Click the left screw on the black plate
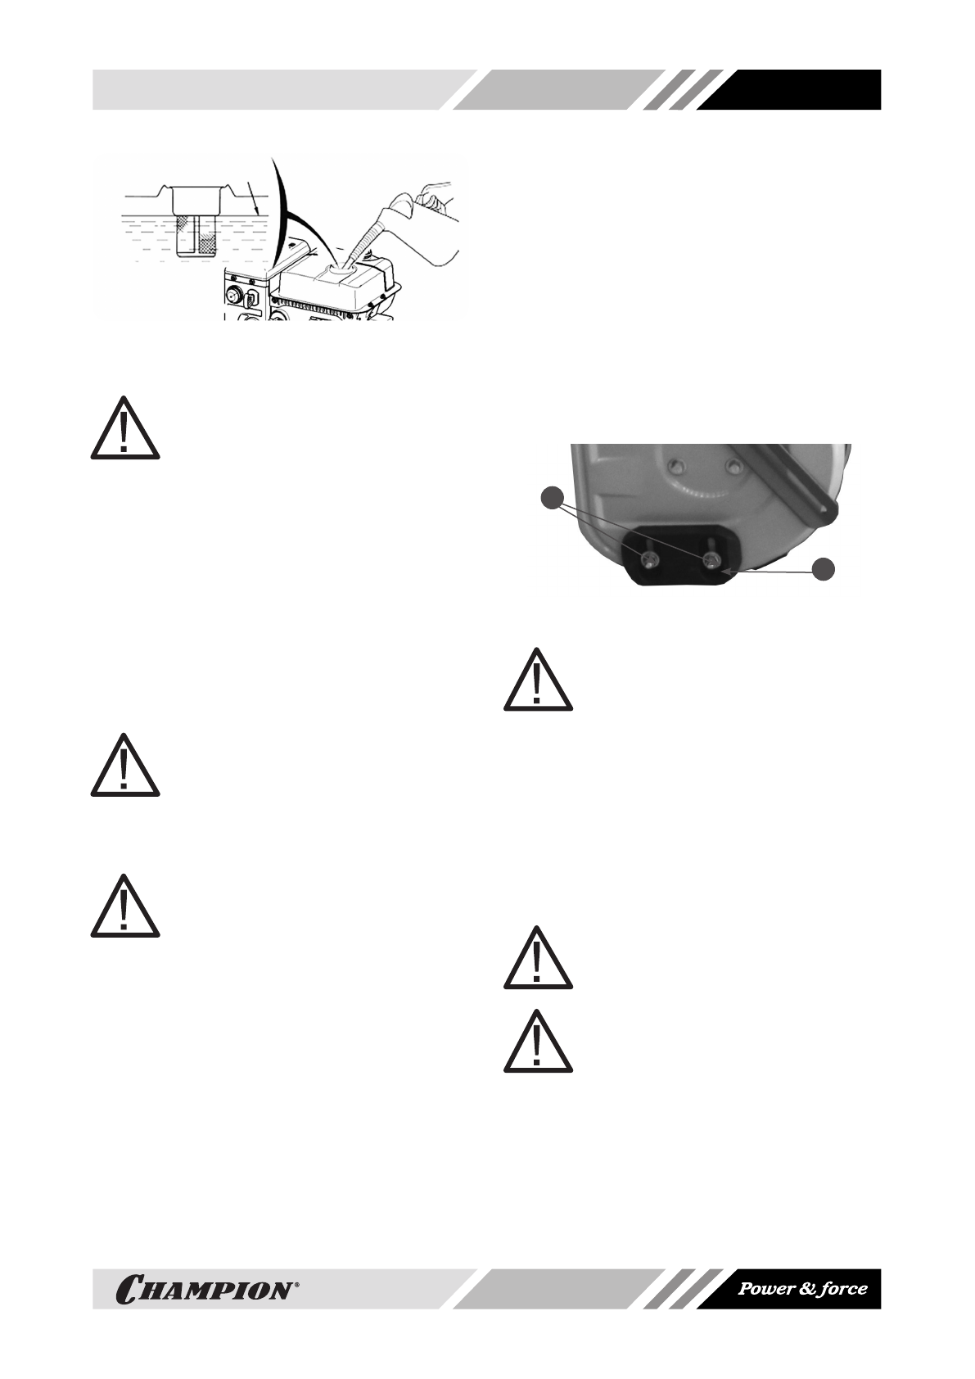[649, 560]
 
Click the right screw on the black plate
[711, 559]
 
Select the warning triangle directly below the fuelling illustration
[124, 428]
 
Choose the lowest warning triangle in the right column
[537, 1041]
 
